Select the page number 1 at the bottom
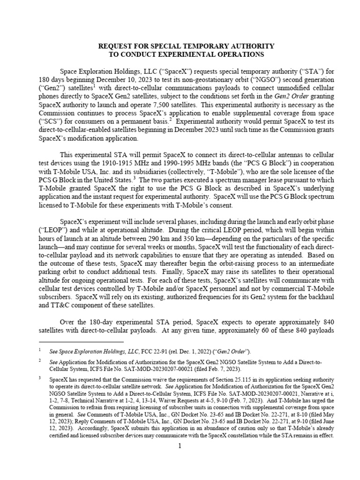pyautogui.click(x=180, y=446)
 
